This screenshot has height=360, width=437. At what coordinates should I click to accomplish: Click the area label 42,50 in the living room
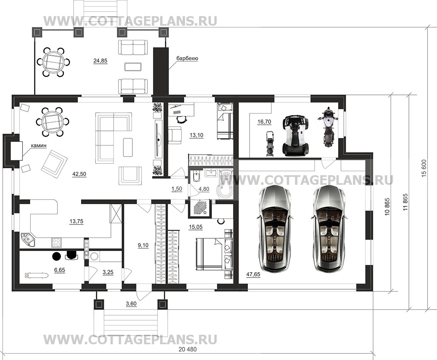pyautogui.click(x=79, y=174)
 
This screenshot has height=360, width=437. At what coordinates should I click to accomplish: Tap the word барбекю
pyautogui.click(x=187, y=58)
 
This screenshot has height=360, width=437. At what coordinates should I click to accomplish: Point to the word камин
pyautogui.click(x=38, y=145)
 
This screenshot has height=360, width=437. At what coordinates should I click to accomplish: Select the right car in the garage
pyautogui.click(x=328, y=229)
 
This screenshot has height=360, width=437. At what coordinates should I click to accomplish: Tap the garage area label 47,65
pyautogui.click(x=253, y=275)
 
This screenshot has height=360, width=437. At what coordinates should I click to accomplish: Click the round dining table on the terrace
pyautogui.click(x=53, y=62)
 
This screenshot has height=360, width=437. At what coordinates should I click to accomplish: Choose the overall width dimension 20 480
pyautogui.click(x=187, y=349)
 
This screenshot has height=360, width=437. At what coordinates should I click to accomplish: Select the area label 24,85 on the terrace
pyautogui.click(x=100, y=61)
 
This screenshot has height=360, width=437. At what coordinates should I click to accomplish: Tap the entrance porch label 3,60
pyautogui.click(x=131, y=304)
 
